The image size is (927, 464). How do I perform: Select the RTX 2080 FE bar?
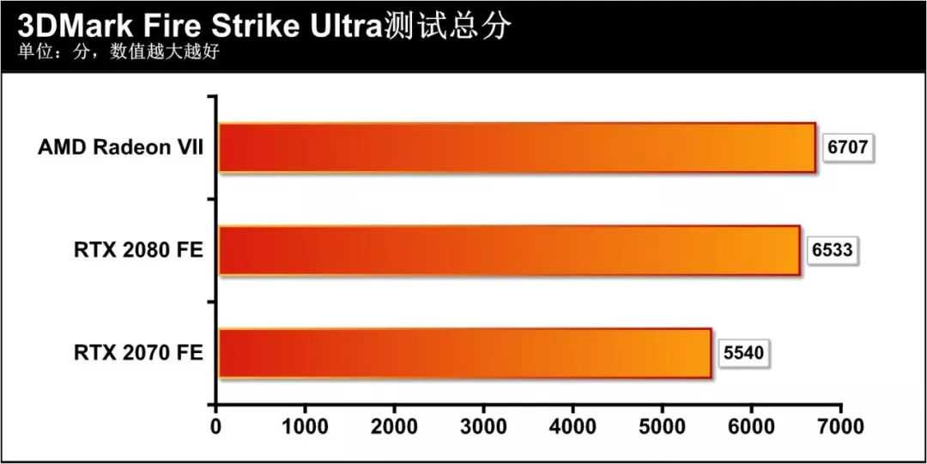tap(509, 250)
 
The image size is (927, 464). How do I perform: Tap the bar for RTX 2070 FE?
tap(464, 353)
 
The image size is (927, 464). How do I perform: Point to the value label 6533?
tap(833, 250)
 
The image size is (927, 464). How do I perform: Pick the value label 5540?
tap(744, 352)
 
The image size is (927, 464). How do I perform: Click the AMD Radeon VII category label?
tap(120, 148)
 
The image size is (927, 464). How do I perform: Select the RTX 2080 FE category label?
tap(138, 250)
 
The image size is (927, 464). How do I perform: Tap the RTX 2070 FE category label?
tap(138, 352)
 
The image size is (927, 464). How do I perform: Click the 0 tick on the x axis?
tap(215, 427)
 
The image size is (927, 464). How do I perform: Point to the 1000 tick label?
tap(305, 427)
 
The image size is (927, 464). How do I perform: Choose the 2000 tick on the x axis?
tap(394, 427)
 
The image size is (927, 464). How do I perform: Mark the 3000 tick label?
tap(483, 427)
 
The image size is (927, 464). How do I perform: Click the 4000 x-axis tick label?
tap(573, 427)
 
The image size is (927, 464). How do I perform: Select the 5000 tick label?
tap(662, 427)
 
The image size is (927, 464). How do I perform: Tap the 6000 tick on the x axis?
tap(751, 427)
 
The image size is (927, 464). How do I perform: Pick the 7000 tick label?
tap(840, 427)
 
